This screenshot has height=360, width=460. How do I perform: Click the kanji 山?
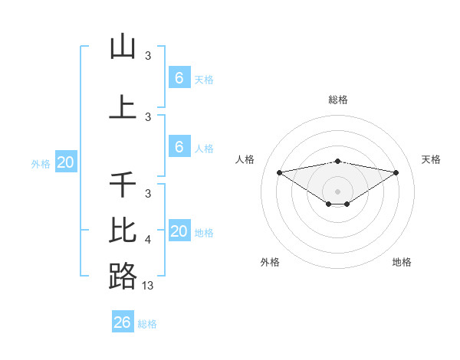[x=123, y=47]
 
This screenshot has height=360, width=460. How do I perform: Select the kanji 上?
[x=123, y=107]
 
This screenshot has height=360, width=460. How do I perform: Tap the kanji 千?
[x=123, y=185]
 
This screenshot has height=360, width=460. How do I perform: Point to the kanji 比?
[x=123, y=229]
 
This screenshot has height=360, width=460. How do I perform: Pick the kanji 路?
[x=123, y=276]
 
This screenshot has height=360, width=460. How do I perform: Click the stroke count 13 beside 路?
[x=148, y=285]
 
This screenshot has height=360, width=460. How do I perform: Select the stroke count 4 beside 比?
[x=148, y=240]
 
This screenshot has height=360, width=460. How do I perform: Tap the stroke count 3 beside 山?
[x=148, y=56]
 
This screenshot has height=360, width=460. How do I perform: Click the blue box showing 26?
[x=123, y=322]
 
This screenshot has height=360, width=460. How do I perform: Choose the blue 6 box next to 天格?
[x=179, y=77]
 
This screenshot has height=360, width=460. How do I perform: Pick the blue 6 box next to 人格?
[x=179, y=147]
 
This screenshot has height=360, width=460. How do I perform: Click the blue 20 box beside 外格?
[x=65, y=162]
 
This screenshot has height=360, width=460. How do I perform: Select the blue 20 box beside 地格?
[x=179, y=231]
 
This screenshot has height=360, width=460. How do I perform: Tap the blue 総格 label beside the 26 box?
[x=147, y=324]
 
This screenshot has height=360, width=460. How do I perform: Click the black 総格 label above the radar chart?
[x=338, y=100]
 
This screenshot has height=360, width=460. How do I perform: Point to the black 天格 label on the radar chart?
[x=432, y=159]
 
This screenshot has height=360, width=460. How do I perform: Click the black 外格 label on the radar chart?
[x=270, y=262]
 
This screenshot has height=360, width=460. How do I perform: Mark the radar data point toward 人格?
[x=279, y=172]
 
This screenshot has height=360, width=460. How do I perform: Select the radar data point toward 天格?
[x=396, y=172]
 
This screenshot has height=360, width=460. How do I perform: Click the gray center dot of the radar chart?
[x=338, y=191]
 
